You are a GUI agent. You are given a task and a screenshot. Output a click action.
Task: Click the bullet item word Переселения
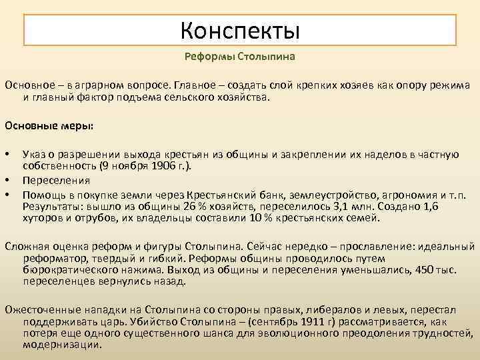pos(56,180)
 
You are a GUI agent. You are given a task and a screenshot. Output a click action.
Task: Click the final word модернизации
pos(62,345)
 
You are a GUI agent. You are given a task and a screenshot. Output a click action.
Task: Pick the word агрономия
pos(402,194)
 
